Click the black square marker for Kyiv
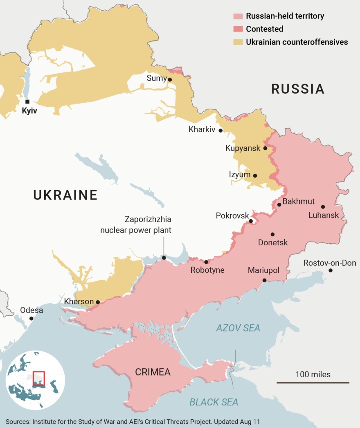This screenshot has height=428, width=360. (x=27, y=102)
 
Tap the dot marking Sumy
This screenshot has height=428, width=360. (x=170, y=80)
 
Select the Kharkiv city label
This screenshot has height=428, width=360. (x=202, y=130)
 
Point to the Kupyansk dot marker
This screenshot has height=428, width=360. (x=265, y=148)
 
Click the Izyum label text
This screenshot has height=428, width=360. (x=239, y=175)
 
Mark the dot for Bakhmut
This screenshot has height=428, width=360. (x=279, y=204)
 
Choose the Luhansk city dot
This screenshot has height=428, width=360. (x=323, y=207)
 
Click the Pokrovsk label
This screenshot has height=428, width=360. (x=232, y=215)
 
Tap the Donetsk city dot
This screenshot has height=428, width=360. (x=272, y=234)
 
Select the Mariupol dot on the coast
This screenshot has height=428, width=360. (x=264, y=281)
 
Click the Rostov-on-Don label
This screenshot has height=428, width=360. (x=329, y=263)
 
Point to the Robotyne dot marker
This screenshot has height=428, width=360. (x=206, y=262)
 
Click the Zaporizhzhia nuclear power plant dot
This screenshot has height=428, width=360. (x=164, y=258)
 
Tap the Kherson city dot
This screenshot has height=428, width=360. (x=98, y=302)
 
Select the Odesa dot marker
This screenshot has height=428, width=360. (x=31, y=318)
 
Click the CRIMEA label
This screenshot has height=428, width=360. (x=153, y=372)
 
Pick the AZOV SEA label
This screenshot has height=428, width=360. (x=238, y=328)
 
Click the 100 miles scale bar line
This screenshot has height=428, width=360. (x=313, y=383)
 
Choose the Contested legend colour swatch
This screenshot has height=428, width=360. (x=238, y=29)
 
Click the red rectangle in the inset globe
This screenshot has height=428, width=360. (x=38, y=378)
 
